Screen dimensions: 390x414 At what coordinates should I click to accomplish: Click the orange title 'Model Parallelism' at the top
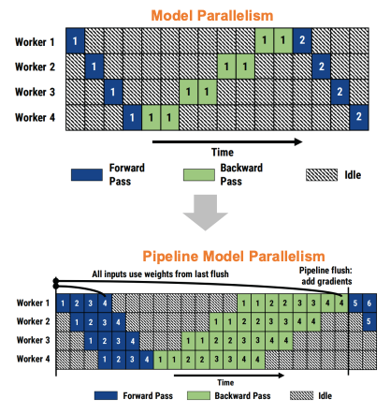[x=212, y=16]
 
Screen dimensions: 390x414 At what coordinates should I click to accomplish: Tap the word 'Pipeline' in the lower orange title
[x=170, y=257]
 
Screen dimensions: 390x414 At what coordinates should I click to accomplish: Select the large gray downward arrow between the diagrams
[x=206, y=213]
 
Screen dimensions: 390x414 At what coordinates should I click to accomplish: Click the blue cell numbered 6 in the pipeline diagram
[x=369, y=303]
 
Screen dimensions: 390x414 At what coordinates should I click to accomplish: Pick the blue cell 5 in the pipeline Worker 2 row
[x=369, y=321]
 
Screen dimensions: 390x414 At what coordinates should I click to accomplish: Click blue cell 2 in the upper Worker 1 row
[x=302, y=40]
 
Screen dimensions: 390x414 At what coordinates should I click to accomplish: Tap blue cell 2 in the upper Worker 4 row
[x=359, y=117]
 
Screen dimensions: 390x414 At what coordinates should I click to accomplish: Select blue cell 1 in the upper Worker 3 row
[x=113, y=92]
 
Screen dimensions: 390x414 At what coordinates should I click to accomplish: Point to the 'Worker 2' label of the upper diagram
[x=35, y=67]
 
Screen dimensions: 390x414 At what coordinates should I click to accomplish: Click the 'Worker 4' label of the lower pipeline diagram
[x=33, y=359]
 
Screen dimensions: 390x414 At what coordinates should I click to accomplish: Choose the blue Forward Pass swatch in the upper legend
[x=87, y=175]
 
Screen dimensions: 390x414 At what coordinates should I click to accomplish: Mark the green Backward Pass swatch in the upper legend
[x=199, y=175]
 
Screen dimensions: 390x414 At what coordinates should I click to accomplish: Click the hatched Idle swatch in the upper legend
[x=322, y=175]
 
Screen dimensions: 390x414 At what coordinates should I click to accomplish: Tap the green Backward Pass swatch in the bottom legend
[x=198, y=395]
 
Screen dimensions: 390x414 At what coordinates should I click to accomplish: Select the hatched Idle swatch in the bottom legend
[x=301, y=395]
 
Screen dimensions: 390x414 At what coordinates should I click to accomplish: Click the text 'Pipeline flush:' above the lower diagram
[x=325, y=271]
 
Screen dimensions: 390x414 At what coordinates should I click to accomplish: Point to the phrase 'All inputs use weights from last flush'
[x=160, y=274]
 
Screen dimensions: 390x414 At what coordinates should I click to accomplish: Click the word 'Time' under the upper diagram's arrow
[x=223, y=153]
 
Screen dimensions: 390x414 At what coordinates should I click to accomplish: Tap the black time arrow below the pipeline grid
[x=229, y=375]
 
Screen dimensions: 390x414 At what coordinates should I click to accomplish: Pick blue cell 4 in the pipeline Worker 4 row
[x=147, y=360]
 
